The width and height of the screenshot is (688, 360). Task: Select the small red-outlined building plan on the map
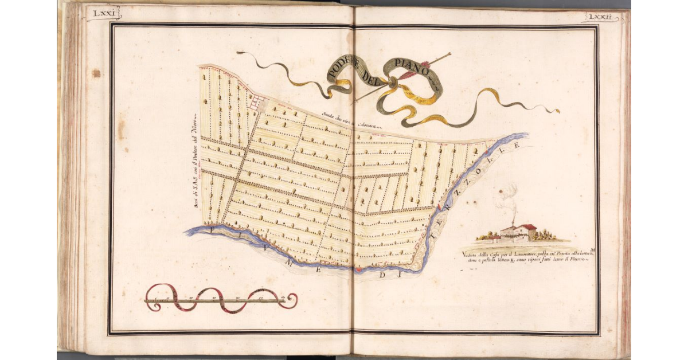click(x=256, y=103)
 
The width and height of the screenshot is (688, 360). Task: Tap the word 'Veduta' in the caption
click(x=470, y=254)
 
